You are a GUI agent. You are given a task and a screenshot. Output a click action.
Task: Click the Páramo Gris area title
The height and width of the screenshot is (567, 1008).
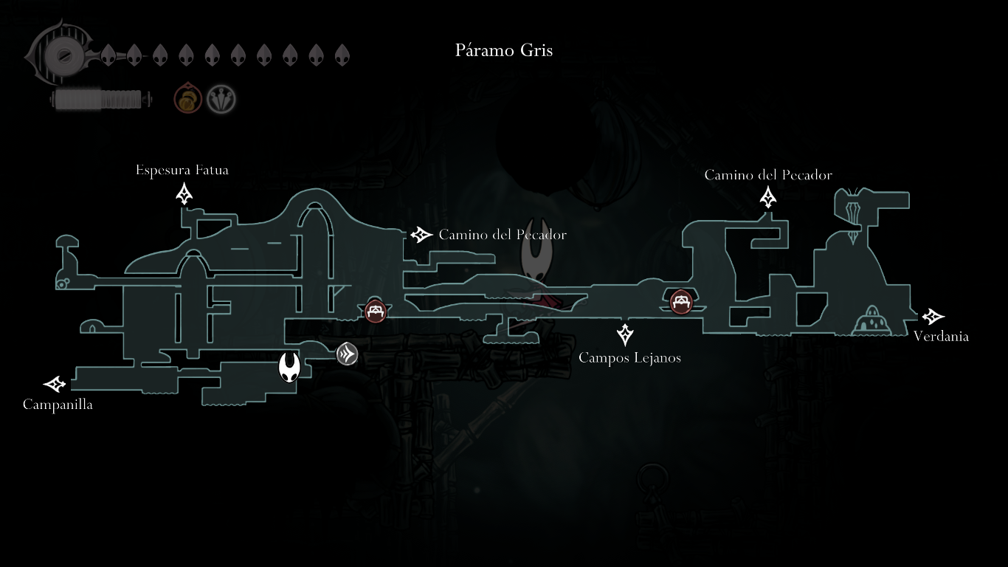click(x=504, y=50)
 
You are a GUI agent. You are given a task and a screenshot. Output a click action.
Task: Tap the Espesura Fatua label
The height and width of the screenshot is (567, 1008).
click(x=182, y=170)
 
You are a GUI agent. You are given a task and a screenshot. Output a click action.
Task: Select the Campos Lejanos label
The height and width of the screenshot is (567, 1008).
click(x=629, y=357)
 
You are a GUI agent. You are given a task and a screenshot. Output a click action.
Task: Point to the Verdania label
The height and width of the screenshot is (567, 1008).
click(x=941, y=336)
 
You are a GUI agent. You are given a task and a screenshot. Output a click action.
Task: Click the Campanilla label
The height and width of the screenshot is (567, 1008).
click(x=58, y=405)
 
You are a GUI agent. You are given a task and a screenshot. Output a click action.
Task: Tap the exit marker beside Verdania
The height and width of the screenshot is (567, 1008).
click(x=933, y=317)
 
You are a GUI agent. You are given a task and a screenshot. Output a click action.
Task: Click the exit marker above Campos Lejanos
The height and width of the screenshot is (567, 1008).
click(x=625, y=334)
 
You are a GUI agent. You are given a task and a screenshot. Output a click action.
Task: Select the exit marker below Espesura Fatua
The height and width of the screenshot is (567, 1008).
click(x=184, y=194)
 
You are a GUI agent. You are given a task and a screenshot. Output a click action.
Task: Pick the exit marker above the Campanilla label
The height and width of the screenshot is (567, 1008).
click(x=55, y=384)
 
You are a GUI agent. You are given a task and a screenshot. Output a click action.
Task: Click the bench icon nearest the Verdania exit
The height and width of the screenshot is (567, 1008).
click(x=680, y=301)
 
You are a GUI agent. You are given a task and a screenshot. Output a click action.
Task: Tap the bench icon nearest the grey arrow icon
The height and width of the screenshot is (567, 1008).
click(x=376, y=311)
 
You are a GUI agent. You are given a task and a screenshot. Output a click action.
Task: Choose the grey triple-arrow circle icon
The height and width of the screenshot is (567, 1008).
click(x=347, y=354)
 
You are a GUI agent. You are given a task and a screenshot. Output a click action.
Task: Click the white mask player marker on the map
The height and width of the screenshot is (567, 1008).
click(x=289, y=367)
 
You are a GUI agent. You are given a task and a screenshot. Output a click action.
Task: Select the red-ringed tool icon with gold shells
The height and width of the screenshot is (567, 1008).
click(x=187, y=99)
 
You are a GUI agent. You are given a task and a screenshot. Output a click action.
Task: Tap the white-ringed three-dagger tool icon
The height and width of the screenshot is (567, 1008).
click(x=221, y=99)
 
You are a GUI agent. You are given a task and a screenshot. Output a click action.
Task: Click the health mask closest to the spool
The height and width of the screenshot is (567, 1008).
click(x=108, y=55)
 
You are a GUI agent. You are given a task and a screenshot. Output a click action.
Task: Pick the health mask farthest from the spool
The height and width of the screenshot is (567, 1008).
click(x=342, y=55)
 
